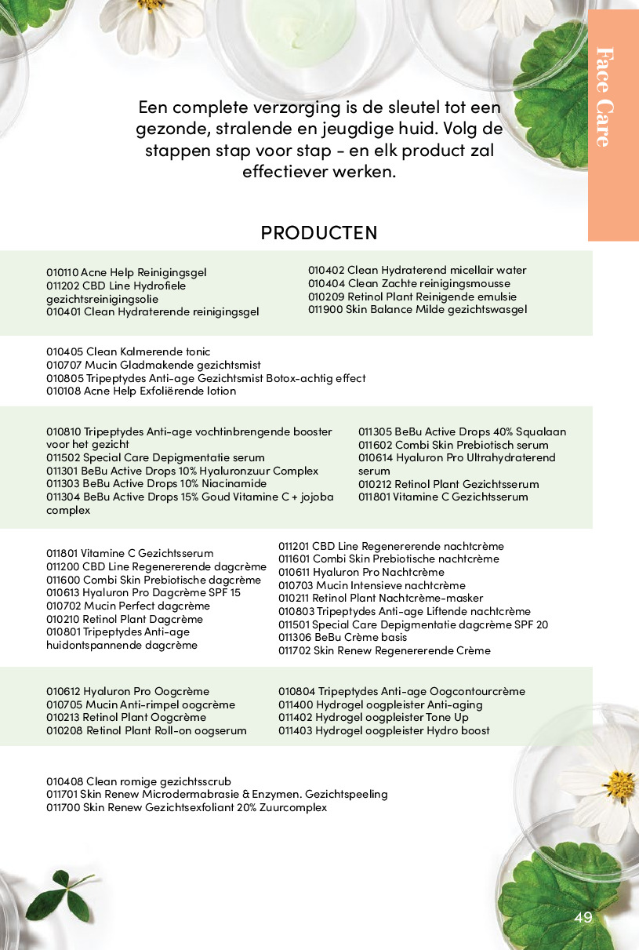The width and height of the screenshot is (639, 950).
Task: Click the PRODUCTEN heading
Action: coord(318,233)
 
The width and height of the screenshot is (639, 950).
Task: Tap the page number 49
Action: coord(583,918)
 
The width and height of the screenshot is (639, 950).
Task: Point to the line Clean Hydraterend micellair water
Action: coord(417,270)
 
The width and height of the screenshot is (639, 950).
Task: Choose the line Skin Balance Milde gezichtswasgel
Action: coord(417,309)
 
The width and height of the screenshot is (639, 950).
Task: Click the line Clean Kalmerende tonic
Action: coord(128,352)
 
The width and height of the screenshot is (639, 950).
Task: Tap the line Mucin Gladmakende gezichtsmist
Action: coord(153,365)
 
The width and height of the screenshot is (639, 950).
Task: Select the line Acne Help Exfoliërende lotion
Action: coord(141,391)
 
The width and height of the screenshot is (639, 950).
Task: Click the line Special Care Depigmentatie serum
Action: coord(155,457)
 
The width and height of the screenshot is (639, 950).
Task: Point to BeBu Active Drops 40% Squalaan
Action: coord(462,431)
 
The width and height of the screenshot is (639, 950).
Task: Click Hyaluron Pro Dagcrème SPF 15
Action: coord(143,592)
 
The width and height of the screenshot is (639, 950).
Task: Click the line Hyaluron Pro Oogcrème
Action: coord(128,691)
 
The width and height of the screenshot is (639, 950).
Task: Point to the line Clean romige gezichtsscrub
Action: coord(139,781)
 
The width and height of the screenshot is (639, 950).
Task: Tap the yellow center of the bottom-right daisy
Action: coord(621,783)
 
